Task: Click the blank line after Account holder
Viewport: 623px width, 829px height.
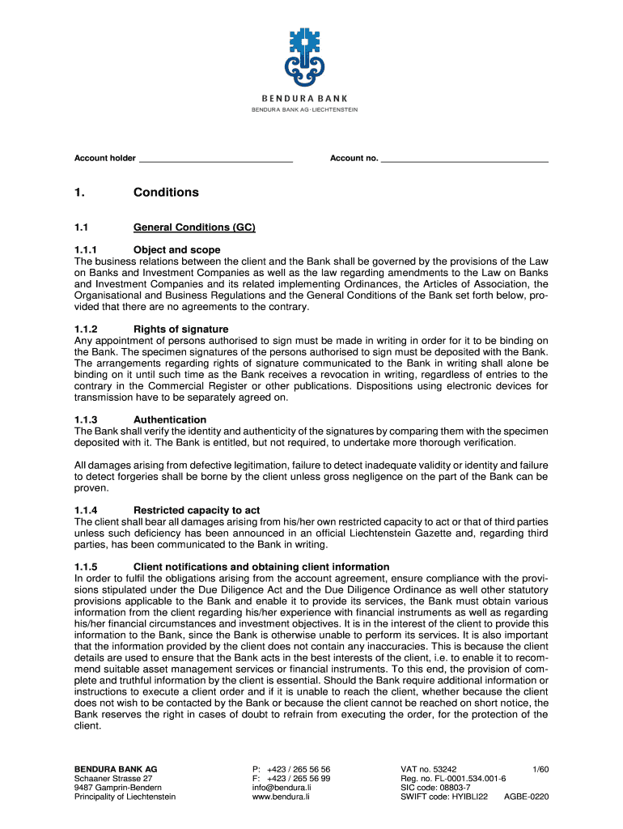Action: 214,159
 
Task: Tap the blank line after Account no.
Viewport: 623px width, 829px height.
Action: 464,159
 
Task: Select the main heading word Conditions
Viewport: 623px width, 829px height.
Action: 166,193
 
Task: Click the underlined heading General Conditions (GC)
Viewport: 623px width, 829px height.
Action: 194,227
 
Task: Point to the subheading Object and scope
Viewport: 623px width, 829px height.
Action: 179,250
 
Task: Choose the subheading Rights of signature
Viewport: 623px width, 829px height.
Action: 180,329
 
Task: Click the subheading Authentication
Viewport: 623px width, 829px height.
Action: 170,419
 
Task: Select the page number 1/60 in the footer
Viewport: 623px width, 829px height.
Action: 540,768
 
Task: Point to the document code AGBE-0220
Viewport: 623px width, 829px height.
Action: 526,797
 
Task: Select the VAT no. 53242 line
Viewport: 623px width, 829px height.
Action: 429,768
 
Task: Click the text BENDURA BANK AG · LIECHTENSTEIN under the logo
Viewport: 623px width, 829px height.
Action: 311,109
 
